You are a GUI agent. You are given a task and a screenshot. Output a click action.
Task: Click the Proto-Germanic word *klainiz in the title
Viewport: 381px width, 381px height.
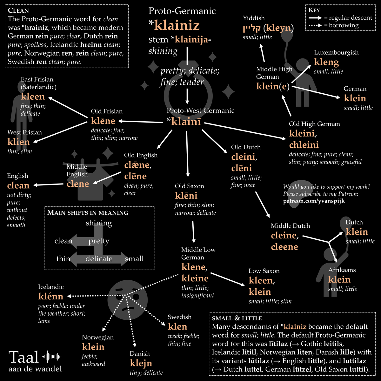pos(174,25)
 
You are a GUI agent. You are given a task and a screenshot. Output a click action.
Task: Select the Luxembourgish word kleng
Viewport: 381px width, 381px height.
pos(326,62)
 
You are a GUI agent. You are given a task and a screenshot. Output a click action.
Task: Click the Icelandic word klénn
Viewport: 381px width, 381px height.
pos(51,297)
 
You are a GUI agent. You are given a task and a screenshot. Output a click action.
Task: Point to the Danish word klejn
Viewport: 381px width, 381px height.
pos(141,363)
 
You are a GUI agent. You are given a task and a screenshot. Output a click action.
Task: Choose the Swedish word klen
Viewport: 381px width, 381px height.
pos(177,327)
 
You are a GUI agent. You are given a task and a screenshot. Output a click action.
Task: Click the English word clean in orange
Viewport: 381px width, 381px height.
pos(18,185)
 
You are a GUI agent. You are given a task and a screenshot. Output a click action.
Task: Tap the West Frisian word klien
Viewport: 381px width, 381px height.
pos(18,142)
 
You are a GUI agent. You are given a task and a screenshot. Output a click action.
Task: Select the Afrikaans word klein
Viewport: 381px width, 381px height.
pos(339,280)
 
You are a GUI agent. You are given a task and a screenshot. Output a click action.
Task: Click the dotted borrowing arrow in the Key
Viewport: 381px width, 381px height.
pos(315,25)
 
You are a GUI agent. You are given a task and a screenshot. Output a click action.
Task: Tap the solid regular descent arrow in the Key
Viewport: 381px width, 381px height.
pos(315,18)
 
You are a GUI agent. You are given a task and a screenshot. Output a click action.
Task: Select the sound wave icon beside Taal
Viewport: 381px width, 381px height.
pos(51,357)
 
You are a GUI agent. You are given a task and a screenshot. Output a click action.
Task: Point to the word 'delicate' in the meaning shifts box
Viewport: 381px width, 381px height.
pos(99,259)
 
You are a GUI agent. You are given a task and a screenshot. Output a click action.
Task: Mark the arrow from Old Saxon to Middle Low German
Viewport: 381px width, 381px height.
pos(193,232)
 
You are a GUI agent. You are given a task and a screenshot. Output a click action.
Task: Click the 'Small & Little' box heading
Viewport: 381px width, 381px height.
pos(237,318)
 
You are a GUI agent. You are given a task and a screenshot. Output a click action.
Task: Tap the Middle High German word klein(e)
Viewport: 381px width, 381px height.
pos(273,86)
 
